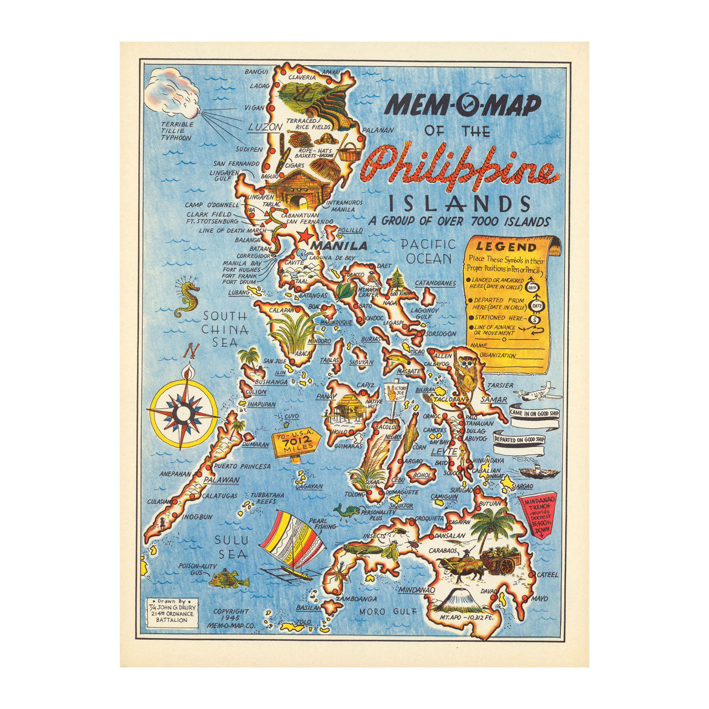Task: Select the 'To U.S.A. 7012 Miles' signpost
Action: (295, 444)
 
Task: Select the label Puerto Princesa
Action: (242, 466)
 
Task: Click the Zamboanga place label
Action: (356, 599)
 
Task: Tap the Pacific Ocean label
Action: (428, 251)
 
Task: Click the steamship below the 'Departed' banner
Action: (539, 472)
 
